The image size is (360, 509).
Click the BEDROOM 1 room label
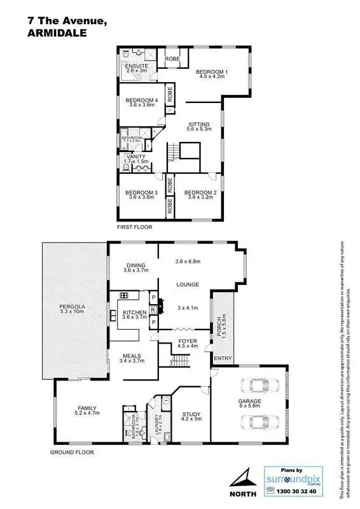211,72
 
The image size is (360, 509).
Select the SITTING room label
198,124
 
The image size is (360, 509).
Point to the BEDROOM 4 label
141,100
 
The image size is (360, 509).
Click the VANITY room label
136,157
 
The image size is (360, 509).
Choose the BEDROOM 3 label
141,193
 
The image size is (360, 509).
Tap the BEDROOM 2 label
200,193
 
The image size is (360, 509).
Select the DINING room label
136,266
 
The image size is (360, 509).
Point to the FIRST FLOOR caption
134,227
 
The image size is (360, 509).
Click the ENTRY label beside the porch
223,359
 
